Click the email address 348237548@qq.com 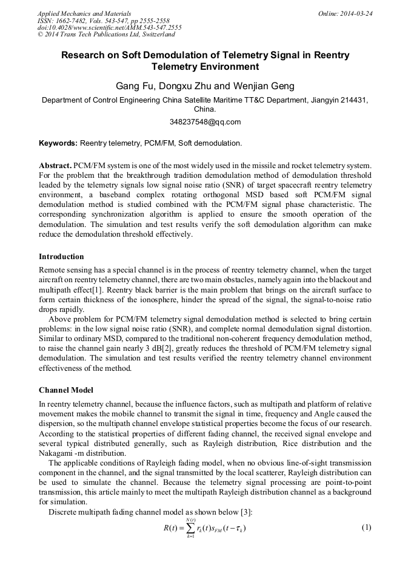pyautogui.click(x=206, y=121)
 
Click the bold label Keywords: pyautogui.click(x=58, y=143)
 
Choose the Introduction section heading pyautogui.click(x=61, y=257)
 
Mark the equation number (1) pyautogui.click(x=366, y=527)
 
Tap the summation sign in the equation pyautogui.click(x=193, y=528)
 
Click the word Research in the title pyautogui.click(x=85, y=55)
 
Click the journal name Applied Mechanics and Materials pyautogui.click(x=84, y=13)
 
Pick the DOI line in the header pyautogui.click(x=109, y=28)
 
